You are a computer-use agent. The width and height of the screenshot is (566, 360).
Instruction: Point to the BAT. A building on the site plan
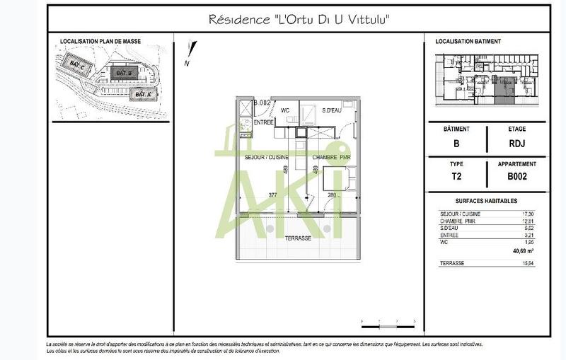click(144, 94)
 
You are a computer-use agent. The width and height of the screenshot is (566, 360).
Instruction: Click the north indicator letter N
click(186, 63)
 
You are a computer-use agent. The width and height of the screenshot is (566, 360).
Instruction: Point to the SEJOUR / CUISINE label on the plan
click(266, 157)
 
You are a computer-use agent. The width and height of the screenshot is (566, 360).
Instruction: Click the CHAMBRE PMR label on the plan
click(332, 157)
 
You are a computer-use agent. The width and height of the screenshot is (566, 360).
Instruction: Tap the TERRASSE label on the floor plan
click(297, 238)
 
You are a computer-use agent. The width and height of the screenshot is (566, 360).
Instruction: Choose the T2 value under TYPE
click(456, 177)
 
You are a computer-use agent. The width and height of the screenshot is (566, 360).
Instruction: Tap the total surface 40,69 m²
click(523, 250)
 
